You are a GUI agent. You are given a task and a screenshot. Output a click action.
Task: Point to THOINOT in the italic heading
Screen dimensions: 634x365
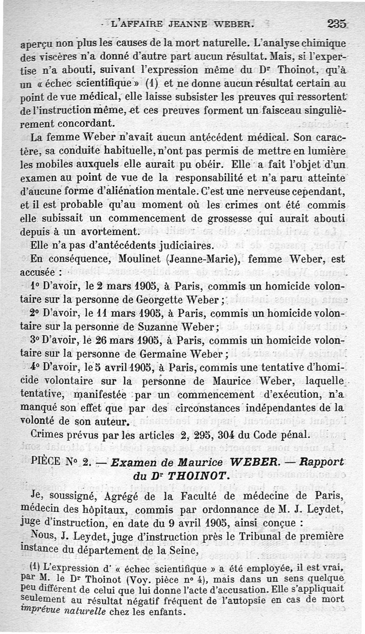(x=193, y=476)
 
